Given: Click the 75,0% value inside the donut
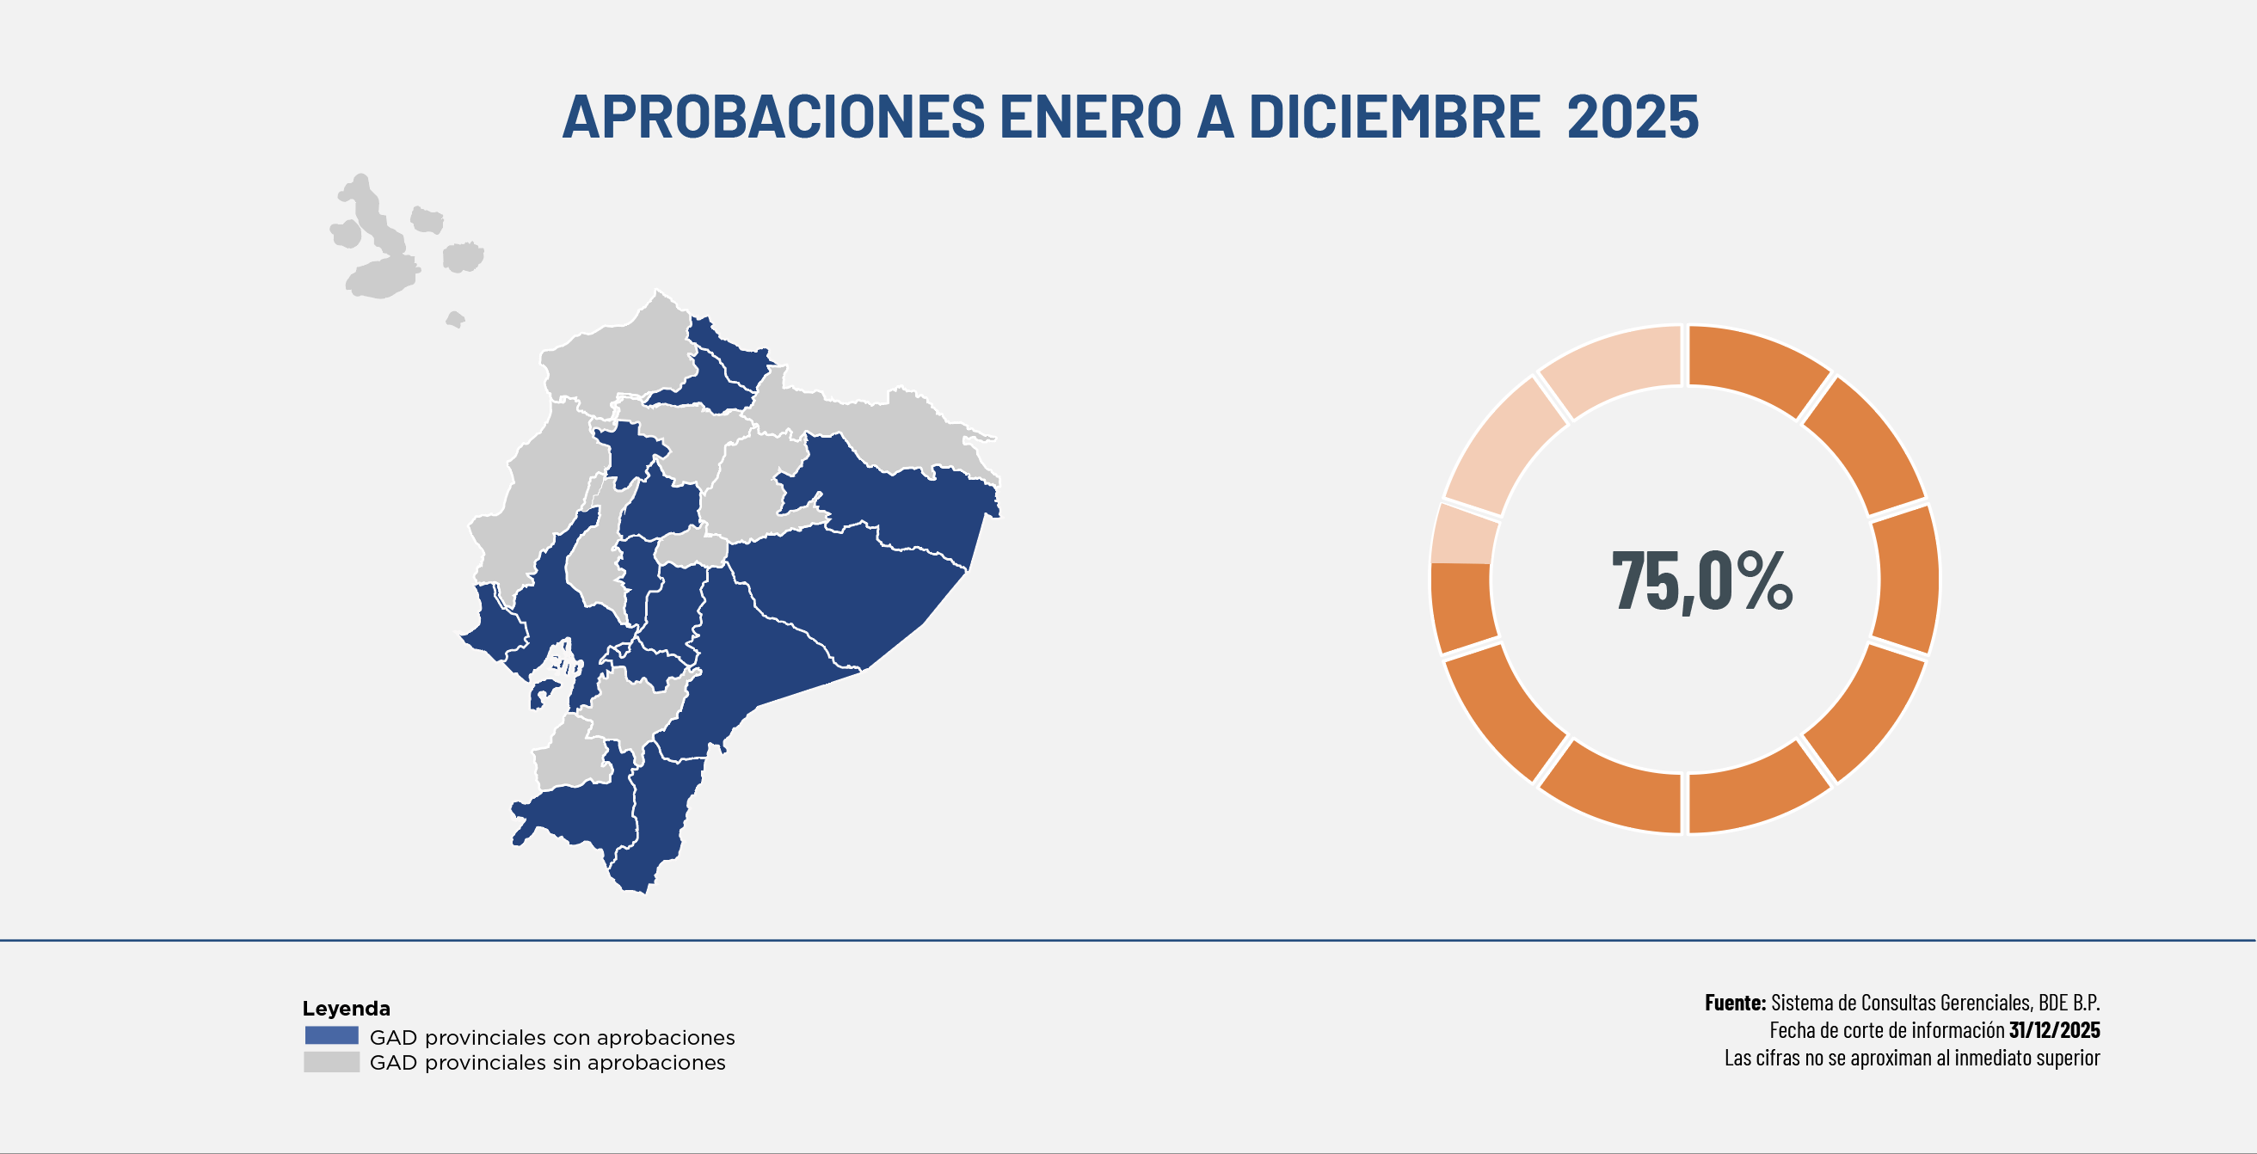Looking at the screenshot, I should [x=1701, y=580].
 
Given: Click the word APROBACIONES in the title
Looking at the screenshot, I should [x=773, y=117].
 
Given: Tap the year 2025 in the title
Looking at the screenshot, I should [x=1633, y=117].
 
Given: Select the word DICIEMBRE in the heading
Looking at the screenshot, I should [x=1394, y=117].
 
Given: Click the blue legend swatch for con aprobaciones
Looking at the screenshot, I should [x=331, y=1035].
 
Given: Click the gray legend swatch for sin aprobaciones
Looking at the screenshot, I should [x=331, y=1062].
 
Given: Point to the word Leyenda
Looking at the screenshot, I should [x=346, y=1008].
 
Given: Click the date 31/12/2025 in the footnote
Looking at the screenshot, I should [x=2054, y=1029].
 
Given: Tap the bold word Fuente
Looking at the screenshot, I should [x=1735, y=1003].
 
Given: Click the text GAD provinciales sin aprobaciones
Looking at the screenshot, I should [x=548, y=1063].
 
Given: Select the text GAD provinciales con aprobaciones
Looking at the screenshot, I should [x=552, y=1037].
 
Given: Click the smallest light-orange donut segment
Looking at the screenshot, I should [x=1462, y=534].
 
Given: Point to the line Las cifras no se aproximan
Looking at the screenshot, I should [x=1912, y=1058].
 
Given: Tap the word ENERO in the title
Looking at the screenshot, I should [x=1091, y=117].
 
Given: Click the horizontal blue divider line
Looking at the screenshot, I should [x=1128, y=940].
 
